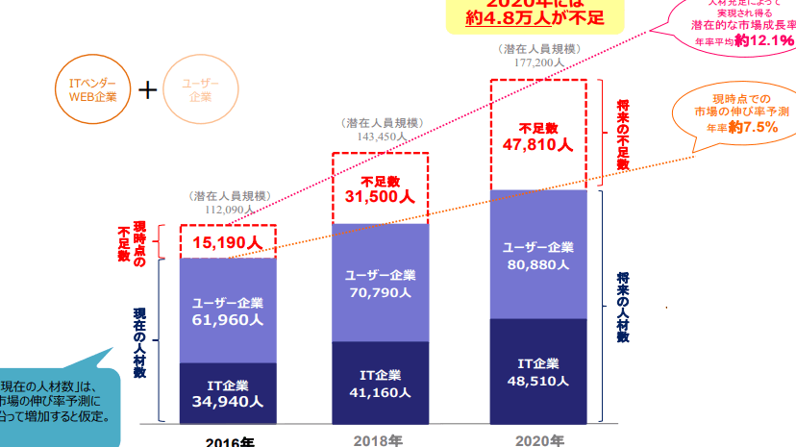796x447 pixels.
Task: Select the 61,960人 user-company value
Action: [x=228, y=320]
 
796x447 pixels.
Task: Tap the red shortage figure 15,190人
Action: [x=228, y=242]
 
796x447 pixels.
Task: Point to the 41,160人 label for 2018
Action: [x=380, y=392]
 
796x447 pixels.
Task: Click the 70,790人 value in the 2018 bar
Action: [x=380, y=293]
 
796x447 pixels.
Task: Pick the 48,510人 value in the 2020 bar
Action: [x=538, y=380]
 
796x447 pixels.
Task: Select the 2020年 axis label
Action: [x=538, y=440]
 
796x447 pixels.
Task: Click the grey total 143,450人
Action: [x=380, y=137]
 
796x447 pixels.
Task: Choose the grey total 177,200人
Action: [x=538, y=62]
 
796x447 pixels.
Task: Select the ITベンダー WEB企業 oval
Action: [x=93, y=90]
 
